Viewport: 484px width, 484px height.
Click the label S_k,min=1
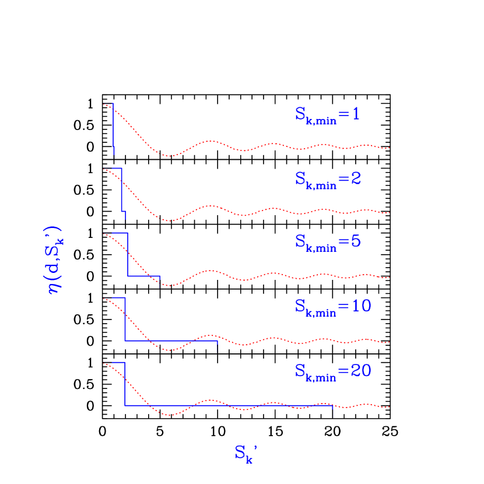click(327, 115)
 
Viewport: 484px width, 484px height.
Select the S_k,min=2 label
click(327, 179)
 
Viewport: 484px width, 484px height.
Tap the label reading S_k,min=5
click(327, 242)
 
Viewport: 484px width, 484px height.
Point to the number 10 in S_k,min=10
click(362, 306)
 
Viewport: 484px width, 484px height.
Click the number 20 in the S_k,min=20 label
click(362, 370)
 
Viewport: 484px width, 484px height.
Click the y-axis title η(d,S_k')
click(56, 260)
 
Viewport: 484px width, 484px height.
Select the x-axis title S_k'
click(245, 453)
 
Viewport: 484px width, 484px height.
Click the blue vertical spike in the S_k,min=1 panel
click(113, 128)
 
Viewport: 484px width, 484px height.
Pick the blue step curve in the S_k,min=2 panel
click(121, 190)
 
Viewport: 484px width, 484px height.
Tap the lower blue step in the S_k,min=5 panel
click(143, 276)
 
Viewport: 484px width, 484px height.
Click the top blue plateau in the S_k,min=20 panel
click(118, 363)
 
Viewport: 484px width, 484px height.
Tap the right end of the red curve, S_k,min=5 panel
click(388, 278)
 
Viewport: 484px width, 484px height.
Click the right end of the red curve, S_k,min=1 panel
click(388, 148)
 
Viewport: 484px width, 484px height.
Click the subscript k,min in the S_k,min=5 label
click(321, 248)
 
